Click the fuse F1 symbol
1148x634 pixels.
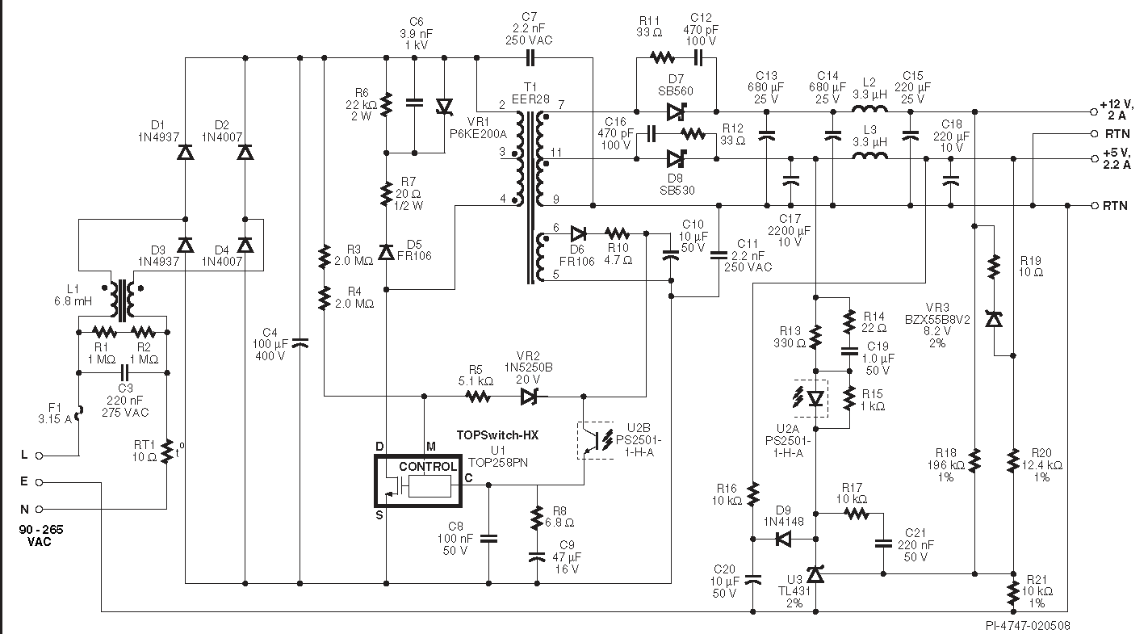[x=79, y=413]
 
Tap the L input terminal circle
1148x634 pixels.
[x=39, y=456]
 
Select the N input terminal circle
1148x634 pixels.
[x=39, y=509]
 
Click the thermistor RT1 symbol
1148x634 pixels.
[x=166, y=451]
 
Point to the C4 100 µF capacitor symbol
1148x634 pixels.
[x=300, y=343]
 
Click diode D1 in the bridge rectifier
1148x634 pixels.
[x=185, y=152]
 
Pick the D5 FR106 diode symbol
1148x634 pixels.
[x=386, y=252]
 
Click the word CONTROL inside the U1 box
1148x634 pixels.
[x=427, y=466]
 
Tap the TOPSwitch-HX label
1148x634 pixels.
[x=497, y=435]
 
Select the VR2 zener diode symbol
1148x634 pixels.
[x=530, y=397]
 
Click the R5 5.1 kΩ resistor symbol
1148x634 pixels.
[x=478, y=397]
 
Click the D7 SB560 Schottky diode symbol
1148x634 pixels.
[x=676, y=111]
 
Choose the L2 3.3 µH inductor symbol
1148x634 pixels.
[x=869, y=109]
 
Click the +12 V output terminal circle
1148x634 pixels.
[x=1094, y=111]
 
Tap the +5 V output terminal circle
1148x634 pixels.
[x=1094, y=159]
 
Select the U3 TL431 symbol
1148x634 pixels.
[x=815, y=574]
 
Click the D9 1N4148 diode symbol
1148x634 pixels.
[x=783, y=539]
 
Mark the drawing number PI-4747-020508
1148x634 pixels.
[x=1028, y=626]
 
